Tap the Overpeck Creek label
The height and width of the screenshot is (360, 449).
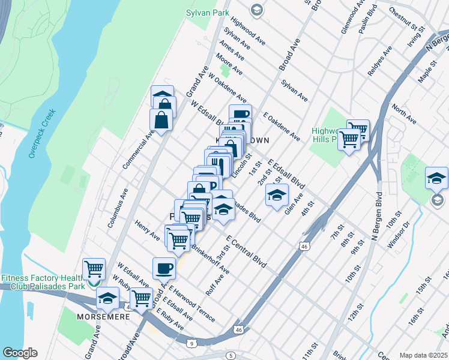pos(42,133)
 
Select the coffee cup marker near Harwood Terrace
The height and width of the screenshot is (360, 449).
pos(164,269)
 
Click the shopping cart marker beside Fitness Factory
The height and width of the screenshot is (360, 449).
pos(94,271)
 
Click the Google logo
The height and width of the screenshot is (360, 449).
pos(20,353)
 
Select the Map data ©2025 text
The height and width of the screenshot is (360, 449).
pos(424,355)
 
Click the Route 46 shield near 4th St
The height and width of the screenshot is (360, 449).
pos(304,246)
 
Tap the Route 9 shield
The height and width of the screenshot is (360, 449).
pos(191,343)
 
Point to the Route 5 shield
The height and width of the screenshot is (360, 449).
pos(232,356)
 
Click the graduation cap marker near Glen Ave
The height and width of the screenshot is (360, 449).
pos(277,195)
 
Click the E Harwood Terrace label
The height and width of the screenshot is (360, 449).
pos(191,304)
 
